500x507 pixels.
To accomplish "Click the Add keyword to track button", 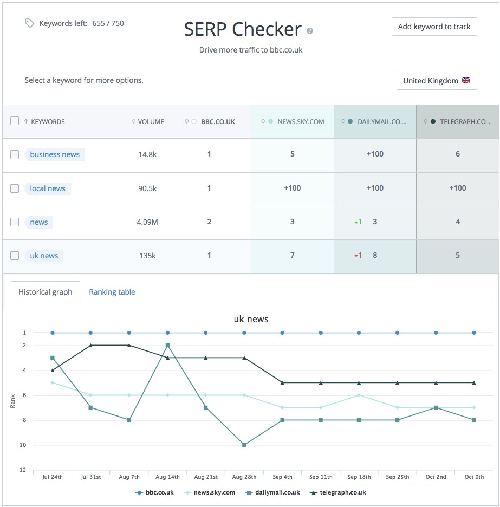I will click(434, 27).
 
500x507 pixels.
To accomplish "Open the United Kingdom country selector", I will click(437, 81).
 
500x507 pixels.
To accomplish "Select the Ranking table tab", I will click(112, 292).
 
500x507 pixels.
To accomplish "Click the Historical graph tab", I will click(45, 292).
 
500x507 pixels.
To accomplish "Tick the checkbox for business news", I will click(15, 155).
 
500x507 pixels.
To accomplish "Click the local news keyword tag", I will click(48, 188).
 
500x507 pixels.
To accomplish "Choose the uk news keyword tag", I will click(44, 256).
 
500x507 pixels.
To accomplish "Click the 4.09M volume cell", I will click(147, 222).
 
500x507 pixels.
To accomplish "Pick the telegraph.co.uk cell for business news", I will click(458, 154).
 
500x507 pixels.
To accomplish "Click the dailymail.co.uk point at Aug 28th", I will click(244, 445).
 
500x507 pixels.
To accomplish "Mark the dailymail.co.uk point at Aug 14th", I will click(167, 346).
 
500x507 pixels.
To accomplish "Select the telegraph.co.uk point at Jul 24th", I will click(53, 370).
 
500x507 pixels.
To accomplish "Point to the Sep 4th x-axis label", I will click(282, 477).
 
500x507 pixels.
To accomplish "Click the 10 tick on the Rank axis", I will click(23, 445).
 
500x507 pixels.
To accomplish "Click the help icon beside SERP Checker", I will click(310, 31).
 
